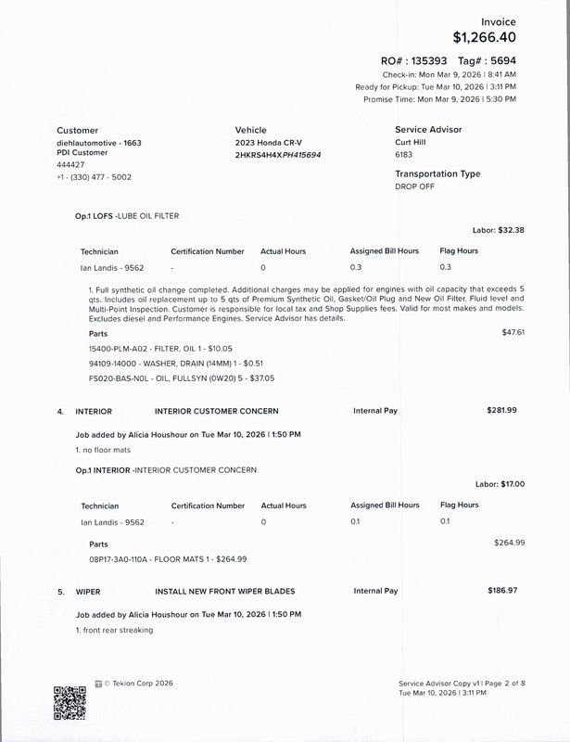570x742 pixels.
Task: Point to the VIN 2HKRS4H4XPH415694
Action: [279, 155]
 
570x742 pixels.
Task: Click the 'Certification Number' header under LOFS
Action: [208, 250]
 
